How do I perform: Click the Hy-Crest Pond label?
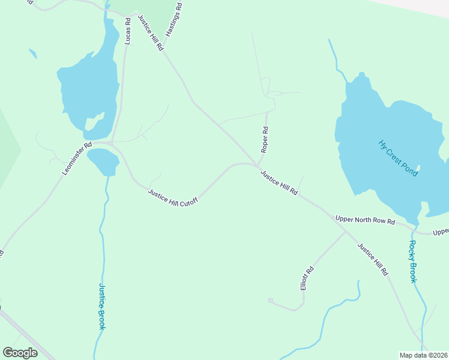click(x=398, y=158)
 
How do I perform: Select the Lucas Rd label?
click(x=127, y=31)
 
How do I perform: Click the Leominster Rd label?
click(x=77, y=158)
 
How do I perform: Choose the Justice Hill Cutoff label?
click(x=173, y=197)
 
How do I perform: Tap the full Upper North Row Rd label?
click(x=365, y=221)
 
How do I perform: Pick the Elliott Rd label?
click(x=307, y=279)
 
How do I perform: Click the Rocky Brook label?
click(x=413, y=262)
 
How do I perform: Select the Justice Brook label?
click(x=102, y=306)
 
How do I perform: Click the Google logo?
click(x=20, y=353)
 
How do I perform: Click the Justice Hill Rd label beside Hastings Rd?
click(x=151, y=32)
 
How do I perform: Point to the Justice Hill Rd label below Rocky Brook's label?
click(x=373, y=259)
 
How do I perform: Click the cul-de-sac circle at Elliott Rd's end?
click(x=271, y=300)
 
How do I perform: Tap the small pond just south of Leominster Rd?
click(x=103, y=161)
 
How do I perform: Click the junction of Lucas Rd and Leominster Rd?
click(x=111, y=143)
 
